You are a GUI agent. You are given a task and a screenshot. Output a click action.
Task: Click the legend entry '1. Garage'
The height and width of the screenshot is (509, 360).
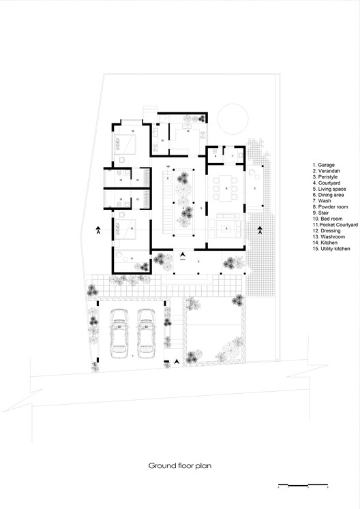324,165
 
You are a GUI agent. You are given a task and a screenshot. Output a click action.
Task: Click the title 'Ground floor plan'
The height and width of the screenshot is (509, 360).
179,467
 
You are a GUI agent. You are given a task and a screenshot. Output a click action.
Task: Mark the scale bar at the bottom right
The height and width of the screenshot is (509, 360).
303,486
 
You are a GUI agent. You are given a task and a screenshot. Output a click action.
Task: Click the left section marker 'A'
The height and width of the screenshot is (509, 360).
98,230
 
